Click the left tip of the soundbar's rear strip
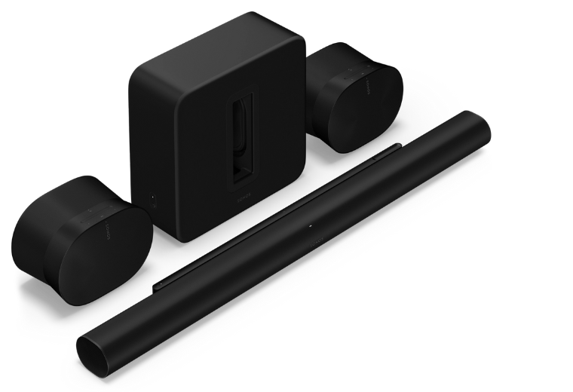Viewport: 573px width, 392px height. [158, 284]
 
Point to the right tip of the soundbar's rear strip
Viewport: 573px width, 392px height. [397, 148]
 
